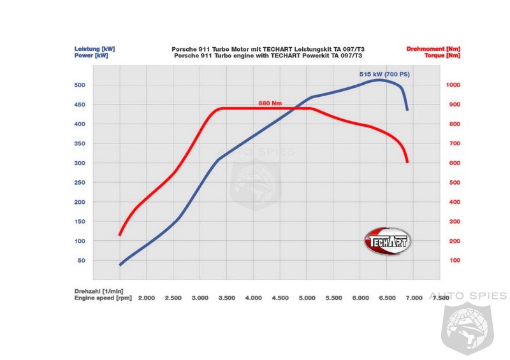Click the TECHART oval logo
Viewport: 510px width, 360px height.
point(388,241)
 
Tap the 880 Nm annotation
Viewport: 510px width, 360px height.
point(271,103)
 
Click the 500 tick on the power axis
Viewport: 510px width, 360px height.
point(80,85)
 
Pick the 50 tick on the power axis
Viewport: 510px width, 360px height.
point(82,261)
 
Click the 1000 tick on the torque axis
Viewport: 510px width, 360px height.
point(454,85)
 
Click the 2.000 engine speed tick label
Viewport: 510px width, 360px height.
point(147,298)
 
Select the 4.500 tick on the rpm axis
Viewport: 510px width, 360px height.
point(280,298)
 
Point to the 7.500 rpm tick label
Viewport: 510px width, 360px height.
point(441,298)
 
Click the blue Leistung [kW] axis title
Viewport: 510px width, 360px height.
point(94,48)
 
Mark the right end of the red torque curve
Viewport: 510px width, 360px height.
point(407,162)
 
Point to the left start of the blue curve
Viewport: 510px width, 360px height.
point(120,264)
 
